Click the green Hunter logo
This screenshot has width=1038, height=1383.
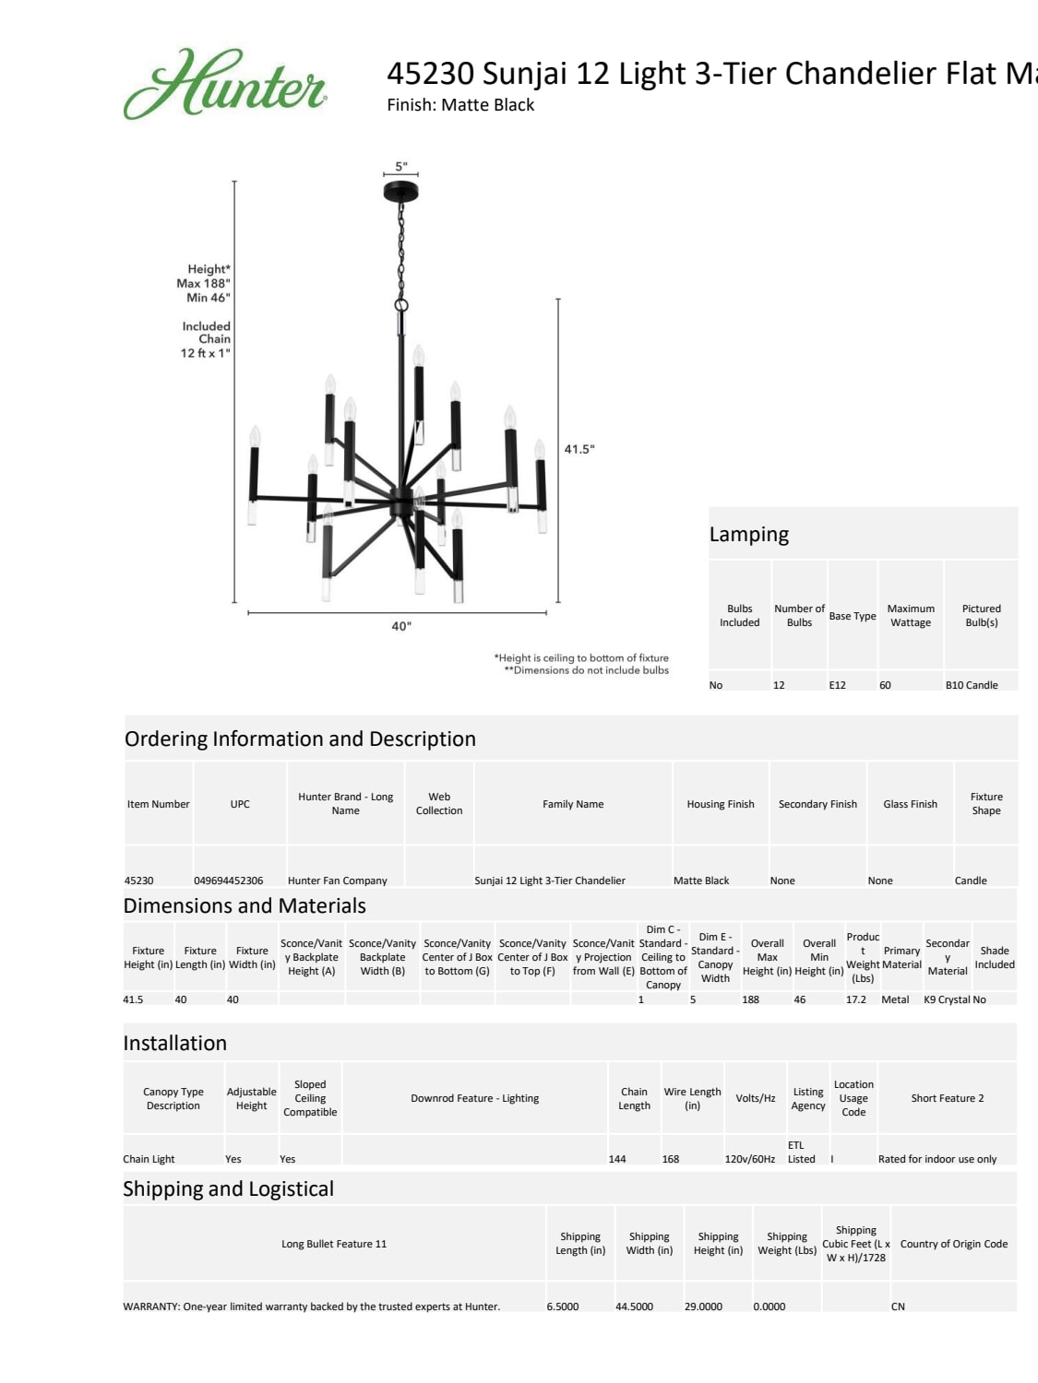[225, 84]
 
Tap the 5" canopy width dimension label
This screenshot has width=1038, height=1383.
[401, 167]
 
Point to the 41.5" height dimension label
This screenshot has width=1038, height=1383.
[579, 449]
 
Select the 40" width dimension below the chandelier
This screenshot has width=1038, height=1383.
[401, 626]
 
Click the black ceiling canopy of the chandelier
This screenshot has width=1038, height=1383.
[400, 191]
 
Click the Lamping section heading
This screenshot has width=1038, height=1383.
[749, 535]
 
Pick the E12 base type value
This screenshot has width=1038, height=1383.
[838, 685]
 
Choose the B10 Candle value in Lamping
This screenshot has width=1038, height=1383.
[972, 685]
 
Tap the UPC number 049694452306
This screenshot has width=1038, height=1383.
[229, 881]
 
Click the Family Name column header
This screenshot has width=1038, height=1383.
[573, 804]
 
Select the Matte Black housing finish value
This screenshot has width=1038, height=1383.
[701, 881]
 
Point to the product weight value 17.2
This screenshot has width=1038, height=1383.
[856, 999]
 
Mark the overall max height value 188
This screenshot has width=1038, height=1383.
[751, 999]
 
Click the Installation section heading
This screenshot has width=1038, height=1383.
[175, 1044]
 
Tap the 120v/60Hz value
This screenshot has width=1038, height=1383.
[750, 1159]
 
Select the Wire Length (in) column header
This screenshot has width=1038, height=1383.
[693, 1098]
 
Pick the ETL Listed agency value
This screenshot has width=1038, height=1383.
[801, 1152]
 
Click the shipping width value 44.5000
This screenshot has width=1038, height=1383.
[634, 1306]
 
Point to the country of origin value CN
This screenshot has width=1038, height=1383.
[898, 1306]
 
